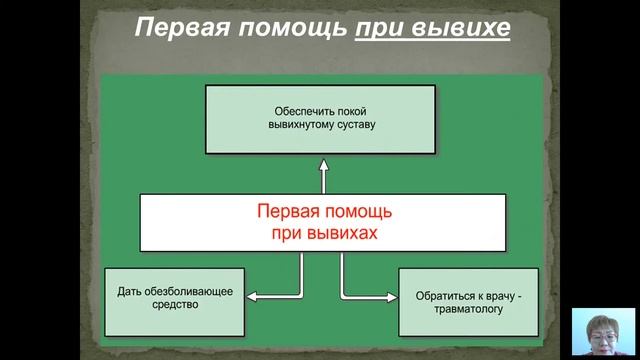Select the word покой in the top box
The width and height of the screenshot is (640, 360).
tap(352, 111)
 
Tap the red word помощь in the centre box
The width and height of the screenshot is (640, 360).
tap(361, 212)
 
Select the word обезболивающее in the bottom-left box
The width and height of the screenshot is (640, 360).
tap(189, 291)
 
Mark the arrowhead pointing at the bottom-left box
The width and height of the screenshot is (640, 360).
tap(252, 296)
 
